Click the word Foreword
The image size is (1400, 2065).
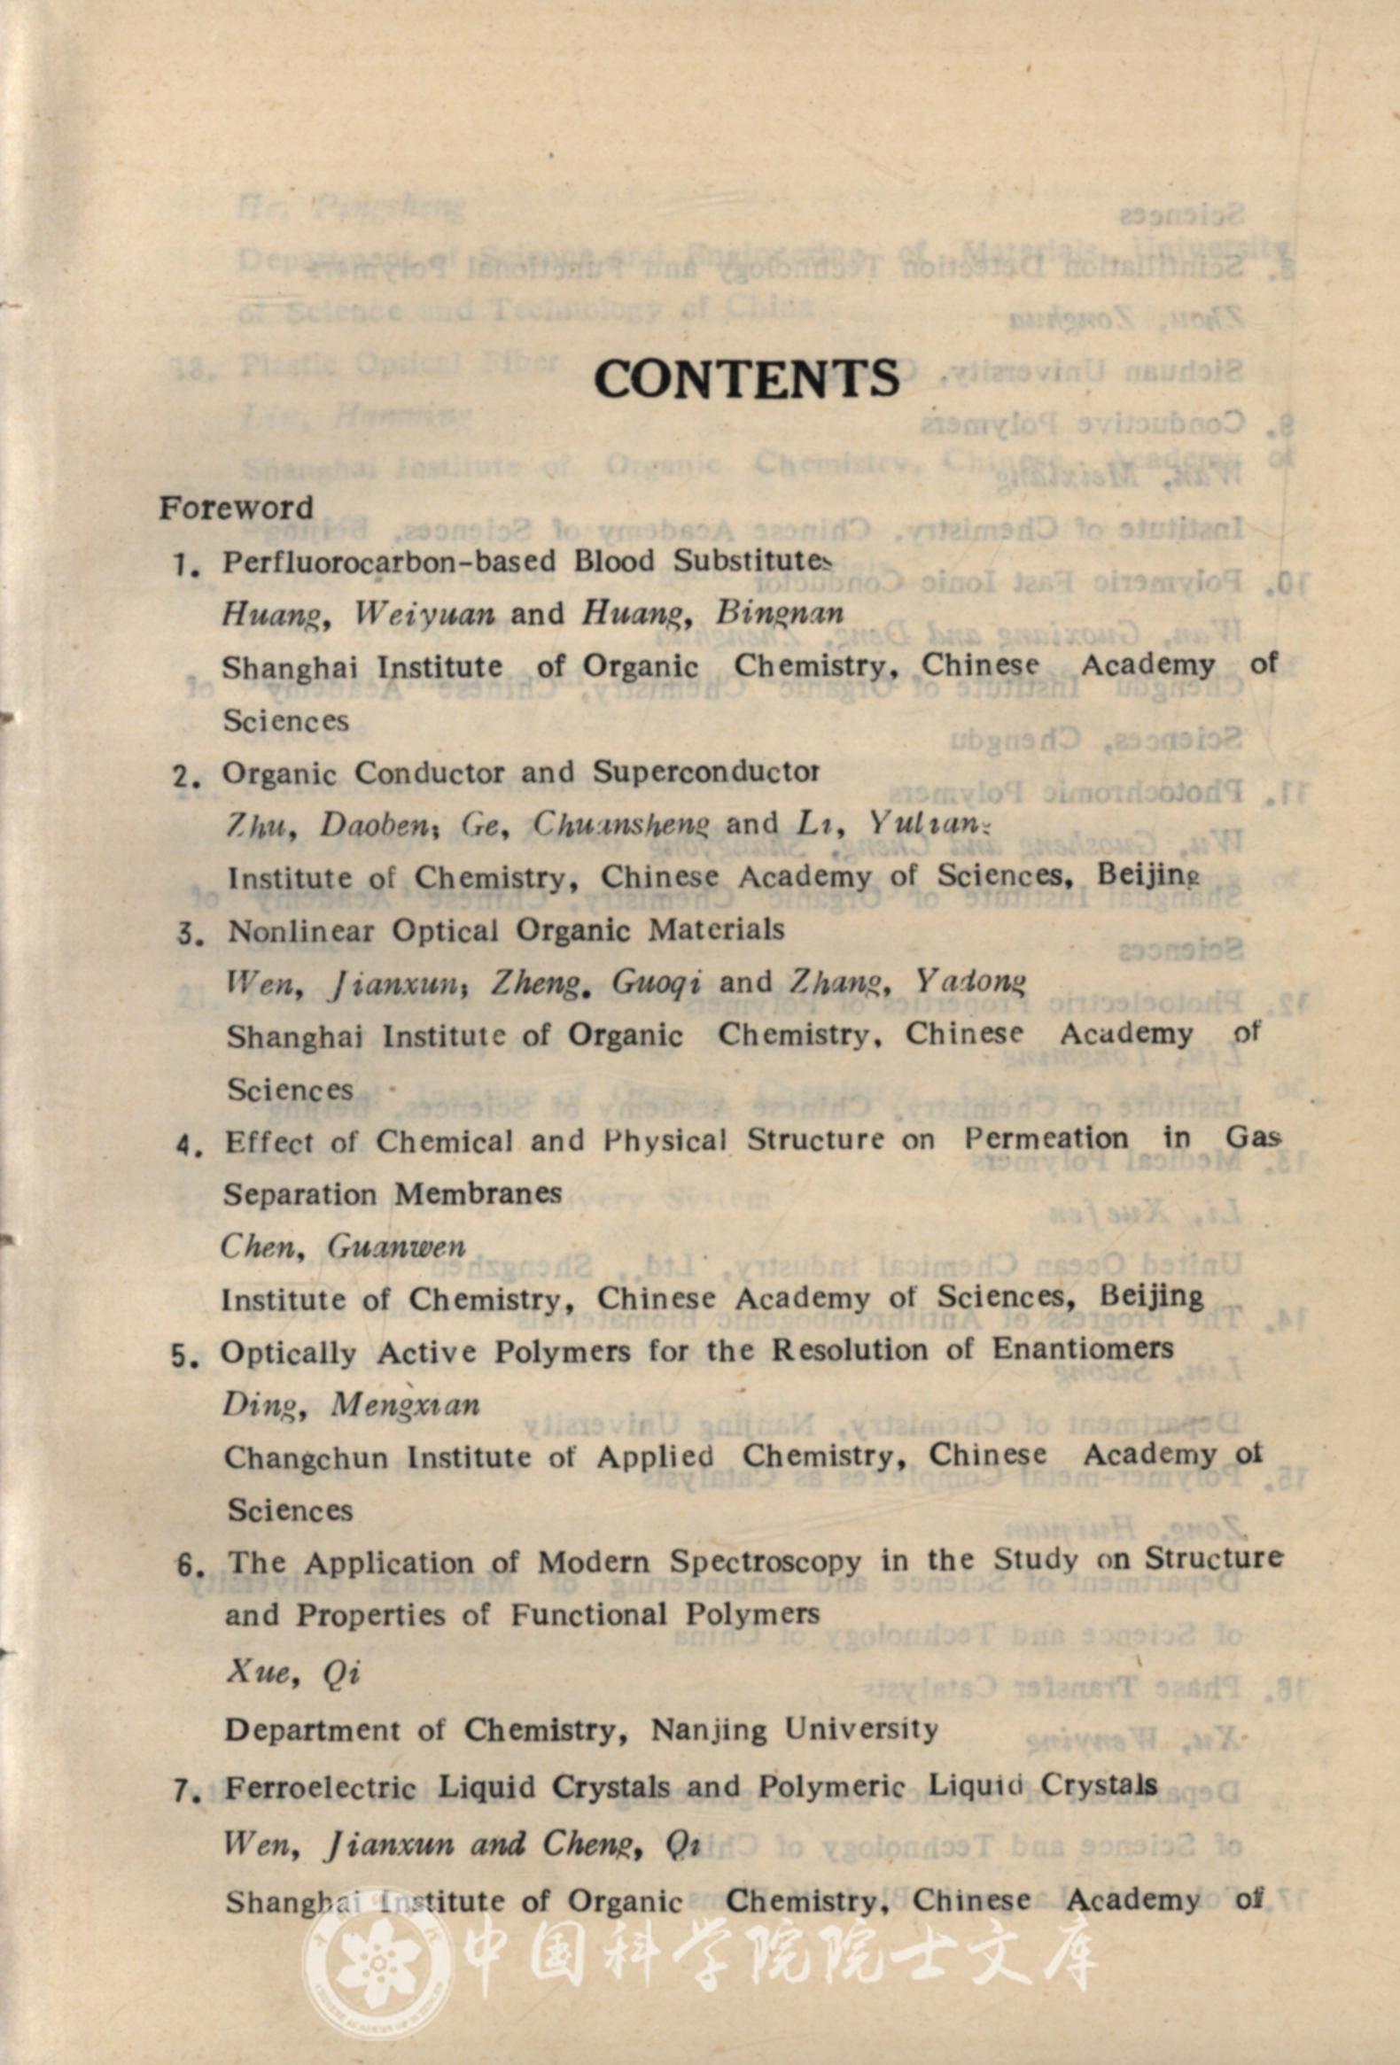click(236, 508)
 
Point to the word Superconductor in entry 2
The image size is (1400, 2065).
click(706, 772)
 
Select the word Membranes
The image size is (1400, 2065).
click(478, 1192)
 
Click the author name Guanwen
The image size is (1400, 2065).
click(395, 1246)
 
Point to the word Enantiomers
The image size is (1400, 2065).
click(1083, 1349)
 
